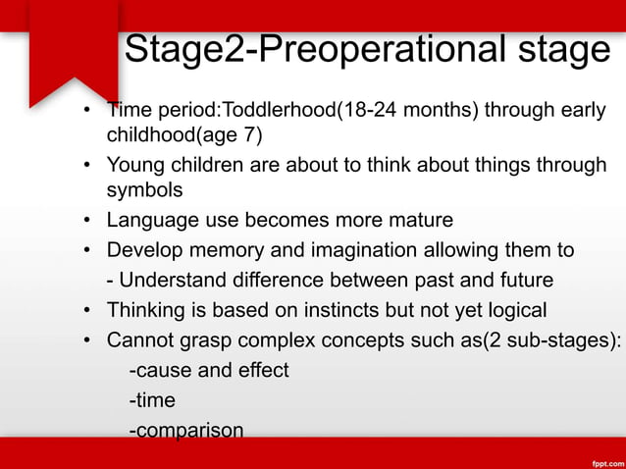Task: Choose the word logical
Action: pos(511,311)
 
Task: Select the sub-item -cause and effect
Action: pos(209,371)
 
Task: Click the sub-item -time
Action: pos(152,400)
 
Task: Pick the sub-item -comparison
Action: pos(185,430)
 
